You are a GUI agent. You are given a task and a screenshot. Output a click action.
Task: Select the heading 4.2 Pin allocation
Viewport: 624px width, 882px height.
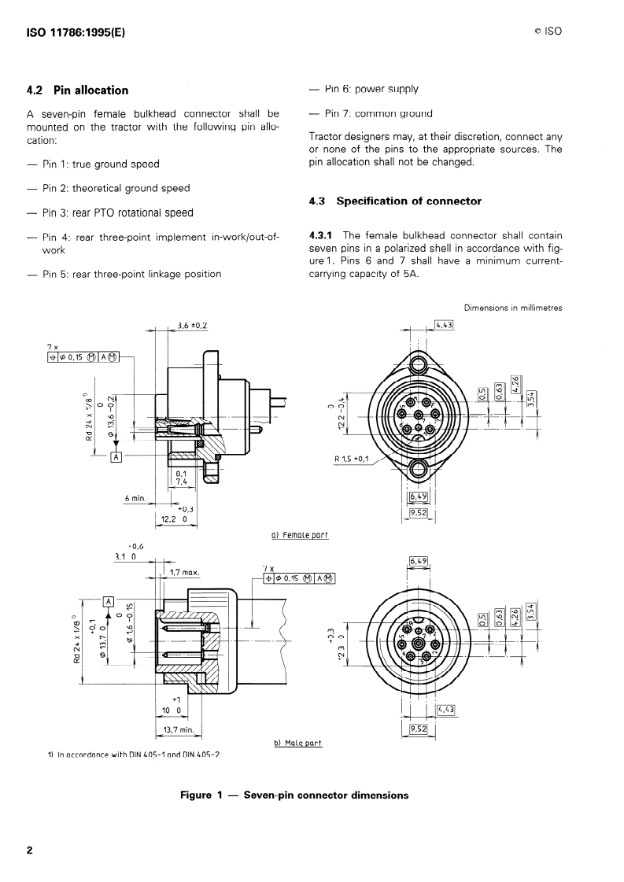tap(77, 90)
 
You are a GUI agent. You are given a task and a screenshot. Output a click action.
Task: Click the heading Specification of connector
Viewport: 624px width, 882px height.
tap(408, 201)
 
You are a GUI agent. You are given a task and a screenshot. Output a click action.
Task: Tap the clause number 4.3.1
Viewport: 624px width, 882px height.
tap(323, 235)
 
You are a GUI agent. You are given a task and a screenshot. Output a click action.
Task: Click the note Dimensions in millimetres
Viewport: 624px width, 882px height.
tap(512, 308)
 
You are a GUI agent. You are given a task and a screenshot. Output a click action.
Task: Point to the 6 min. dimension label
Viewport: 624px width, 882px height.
tap(137, 498)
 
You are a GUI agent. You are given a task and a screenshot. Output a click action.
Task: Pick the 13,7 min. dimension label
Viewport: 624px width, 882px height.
tap(179, 729)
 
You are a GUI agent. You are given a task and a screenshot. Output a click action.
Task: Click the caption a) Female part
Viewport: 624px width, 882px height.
tap(299, 535)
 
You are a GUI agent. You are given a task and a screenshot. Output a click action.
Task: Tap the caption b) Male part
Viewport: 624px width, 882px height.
tap(297, 743)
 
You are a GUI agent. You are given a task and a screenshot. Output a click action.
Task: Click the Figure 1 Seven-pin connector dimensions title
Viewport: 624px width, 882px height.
tap(294, 795)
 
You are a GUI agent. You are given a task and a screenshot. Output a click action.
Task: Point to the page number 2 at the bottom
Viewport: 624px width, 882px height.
tap(29, 851)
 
